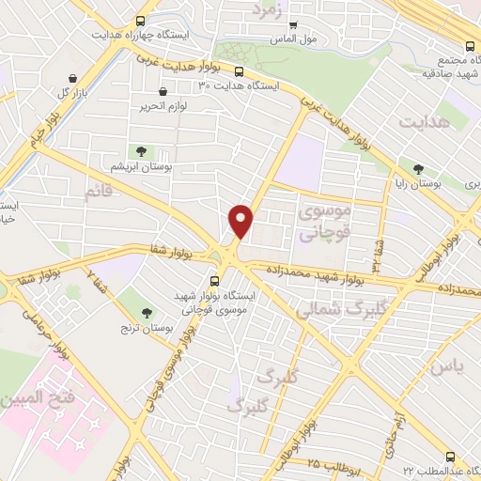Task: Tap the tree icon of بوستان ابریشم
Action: point(141,150)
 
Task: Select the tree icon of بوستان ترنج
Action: point(146,313)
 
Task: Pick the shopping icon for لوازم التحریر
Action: point(164,92)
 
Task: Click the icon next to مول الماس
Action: point(293,25)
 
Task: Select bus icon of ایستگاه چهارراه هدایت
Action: point(141,21)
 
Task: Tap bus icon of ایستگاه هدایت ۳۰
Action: point(240,70)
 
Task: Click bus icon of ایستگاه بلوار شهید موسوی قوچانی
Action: point(214,279)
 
